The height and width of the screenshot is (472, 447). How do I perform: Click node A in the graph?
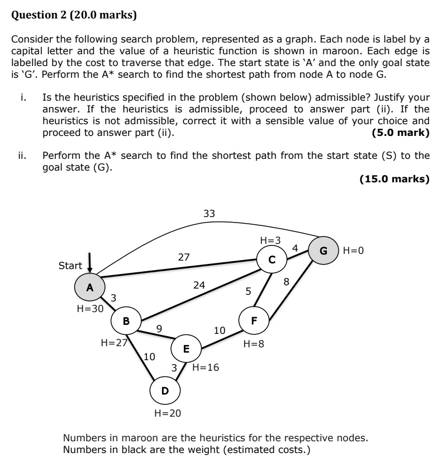tap(89, 287)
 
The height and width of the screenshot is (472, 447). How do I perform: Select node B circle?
tap(126, 320)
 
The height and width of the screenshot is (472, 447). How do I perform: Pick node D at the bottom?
tap(165, 390)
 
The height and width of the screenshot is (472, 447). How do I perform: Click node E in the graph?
tap(187, 348)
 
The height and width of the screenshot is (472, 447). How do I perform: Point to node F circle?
tap(254, 320)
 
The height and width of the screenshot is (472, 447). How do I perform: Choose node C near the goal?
tap(272, 259)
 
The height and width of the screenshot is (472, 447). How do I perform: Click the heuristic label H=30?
tap(89, 308)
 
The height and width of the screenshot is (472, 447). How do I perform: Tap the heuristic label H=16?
tap(206, 367)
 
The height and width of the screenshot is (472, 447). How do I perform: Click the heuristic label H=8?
tap(254, 344)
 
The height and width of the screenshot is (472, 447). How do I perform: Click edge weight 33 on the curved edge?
tap(209, 213)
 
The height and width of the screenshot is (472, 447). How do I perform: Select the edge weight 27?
tap(184, 257)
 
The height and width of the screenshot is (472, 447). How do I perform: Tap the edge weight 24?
tap(199, 285)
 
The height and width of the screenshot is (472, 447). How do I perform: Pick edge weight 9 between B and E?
tap(159, 329)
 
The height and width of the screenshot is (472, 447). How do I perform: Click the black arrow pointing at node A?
tap(89, 264)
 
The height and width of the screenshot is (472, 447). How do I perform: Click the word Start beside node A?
tap(70, 266)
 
